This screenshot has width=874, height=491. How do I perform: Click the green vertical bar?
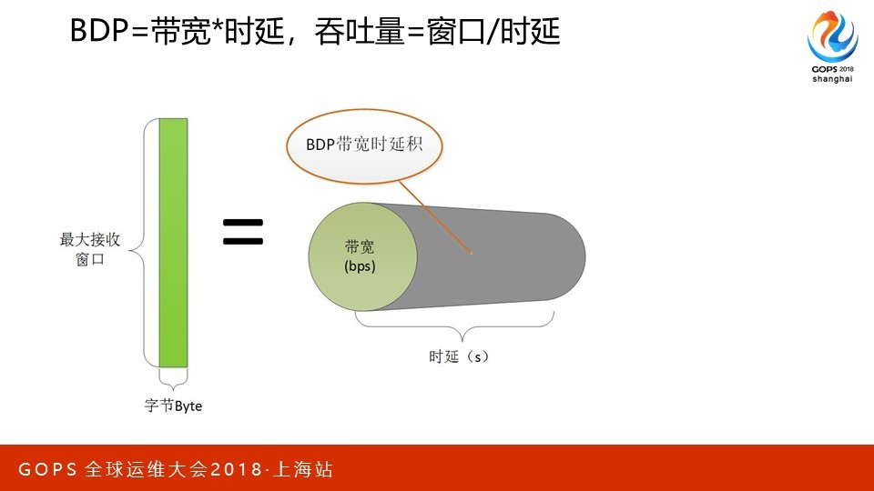coord(173,243)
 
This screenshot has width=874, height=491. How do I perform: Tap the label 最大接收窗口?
coord(90,249)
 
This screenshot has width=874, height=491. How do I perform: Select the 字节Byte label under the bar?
coord(173,406)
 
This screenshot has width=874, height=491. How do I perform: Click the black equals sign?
coord(243,232)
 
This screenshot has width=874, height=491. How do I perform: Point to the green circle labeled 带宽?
coord(363,256)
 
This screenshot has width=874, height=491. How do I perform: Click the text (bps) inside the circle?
coord(361,266)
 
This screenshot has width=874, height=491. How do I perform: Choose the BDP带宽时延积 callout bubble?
coord(364,145)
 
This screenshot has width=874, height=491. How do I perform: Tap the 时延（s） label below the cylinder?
coord(459,356)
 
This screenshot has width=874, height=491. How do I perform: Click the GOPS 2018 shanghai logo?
coord(832,47)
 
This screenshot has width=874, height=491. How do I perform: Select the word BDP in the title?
coord(100,30)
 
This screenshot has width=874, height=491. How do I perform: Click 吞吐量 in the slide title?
coord(360,31)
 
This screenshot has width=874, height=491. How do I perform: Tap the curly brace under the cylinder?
coord(455,326)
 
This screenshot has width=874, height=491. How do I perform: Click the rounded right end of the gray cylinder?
coord(574,256)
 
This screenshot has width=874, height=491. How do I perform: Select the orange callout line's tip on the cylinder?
coord(471,253)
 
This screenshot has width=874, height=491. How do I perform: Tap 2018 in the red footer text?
coord(235,469)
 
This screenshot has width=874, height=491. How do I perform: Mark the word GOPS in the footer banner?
coord(47,469)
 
